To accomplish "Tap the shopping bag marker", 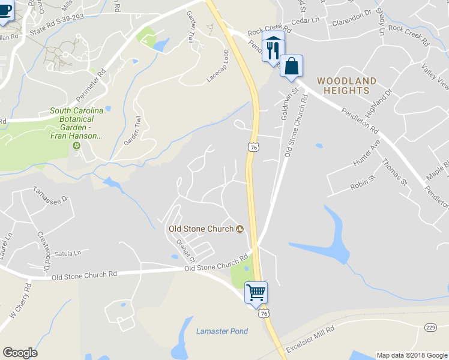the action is [x=291, y=67].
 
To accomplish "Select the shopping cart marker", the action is [x=256, y=293].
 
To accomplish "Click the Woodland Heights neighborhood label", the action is [x=346, y=85].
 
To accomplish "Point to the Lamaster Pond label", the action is [x=221, y=331].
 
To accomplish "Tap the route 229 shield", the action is [x=430, y=327].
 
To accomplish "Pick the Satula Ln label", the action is [x=67, y=253].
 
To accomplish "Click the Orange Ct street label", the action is [x=186, y=250].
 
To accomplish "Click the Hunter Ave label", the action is [x=367, y=154].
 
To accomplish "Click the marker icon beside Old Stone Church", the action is [x=240, y=229].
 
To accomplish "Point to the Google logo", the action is [x=20, y=353].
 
